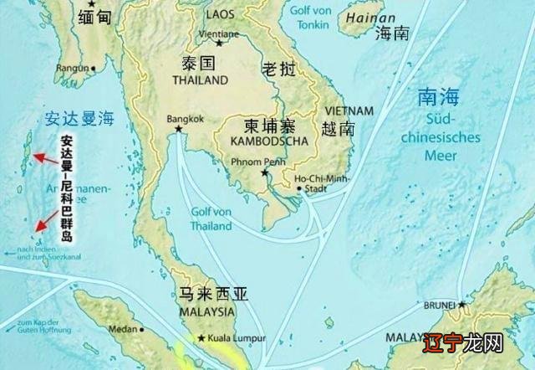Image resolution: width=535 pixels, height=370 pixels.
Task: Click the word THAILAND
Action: (x=200, y=80)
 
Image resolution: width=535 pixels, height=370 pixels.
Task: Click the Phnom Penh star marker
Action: (x=266, y=172)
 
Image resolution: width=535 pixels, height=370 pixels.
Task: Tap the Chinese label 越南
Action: (x=338, y=129)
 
